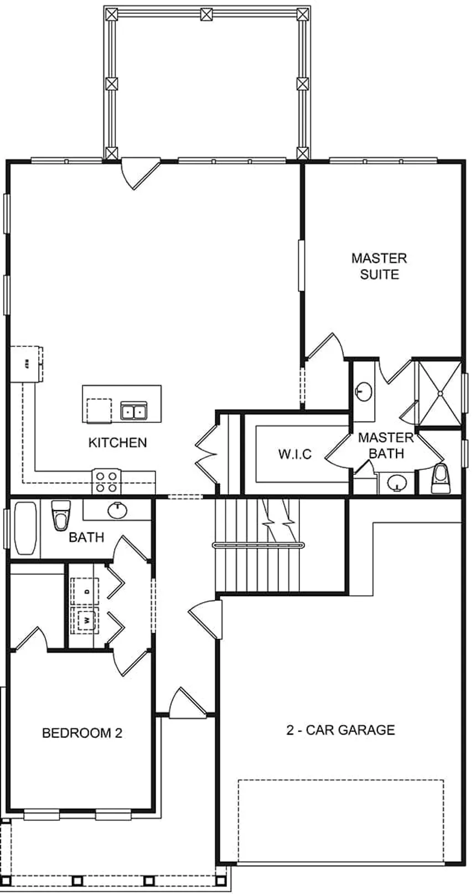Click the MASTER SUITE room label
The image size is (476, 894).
pos(379,266)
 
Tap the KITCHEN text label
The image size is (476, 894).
pos(117,442)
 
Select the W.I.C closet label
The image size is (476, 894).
pos(294,454)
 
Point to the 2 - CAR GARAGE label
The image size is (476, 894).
pos(340,730)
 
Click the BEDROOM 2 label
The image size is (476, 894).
pos(82,733)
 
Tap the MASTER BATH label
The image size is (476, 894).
pos(386,446)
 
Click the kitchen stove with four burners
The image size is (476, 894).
pos(106,481)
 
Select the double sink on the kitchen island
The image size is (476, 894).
pos(133,411)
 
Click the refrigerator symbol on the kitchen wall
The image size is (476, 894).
pos(25,363)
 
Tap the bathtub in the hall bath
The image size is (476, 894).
pos(25,528)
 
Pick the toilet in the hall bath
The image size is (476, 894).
pos(60,515)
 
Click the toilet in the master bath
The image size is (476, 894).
pos(441,479)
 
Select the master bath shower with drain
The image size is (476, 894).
pos(439,393)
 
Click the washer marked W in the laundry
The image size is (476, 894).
pos(86,621)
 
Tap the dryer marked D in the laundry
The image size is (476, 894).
pos(86,591)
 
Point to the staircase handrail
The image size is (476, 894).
pos(258,545)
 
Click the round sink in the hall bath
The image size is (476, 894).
pos(118,510)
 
